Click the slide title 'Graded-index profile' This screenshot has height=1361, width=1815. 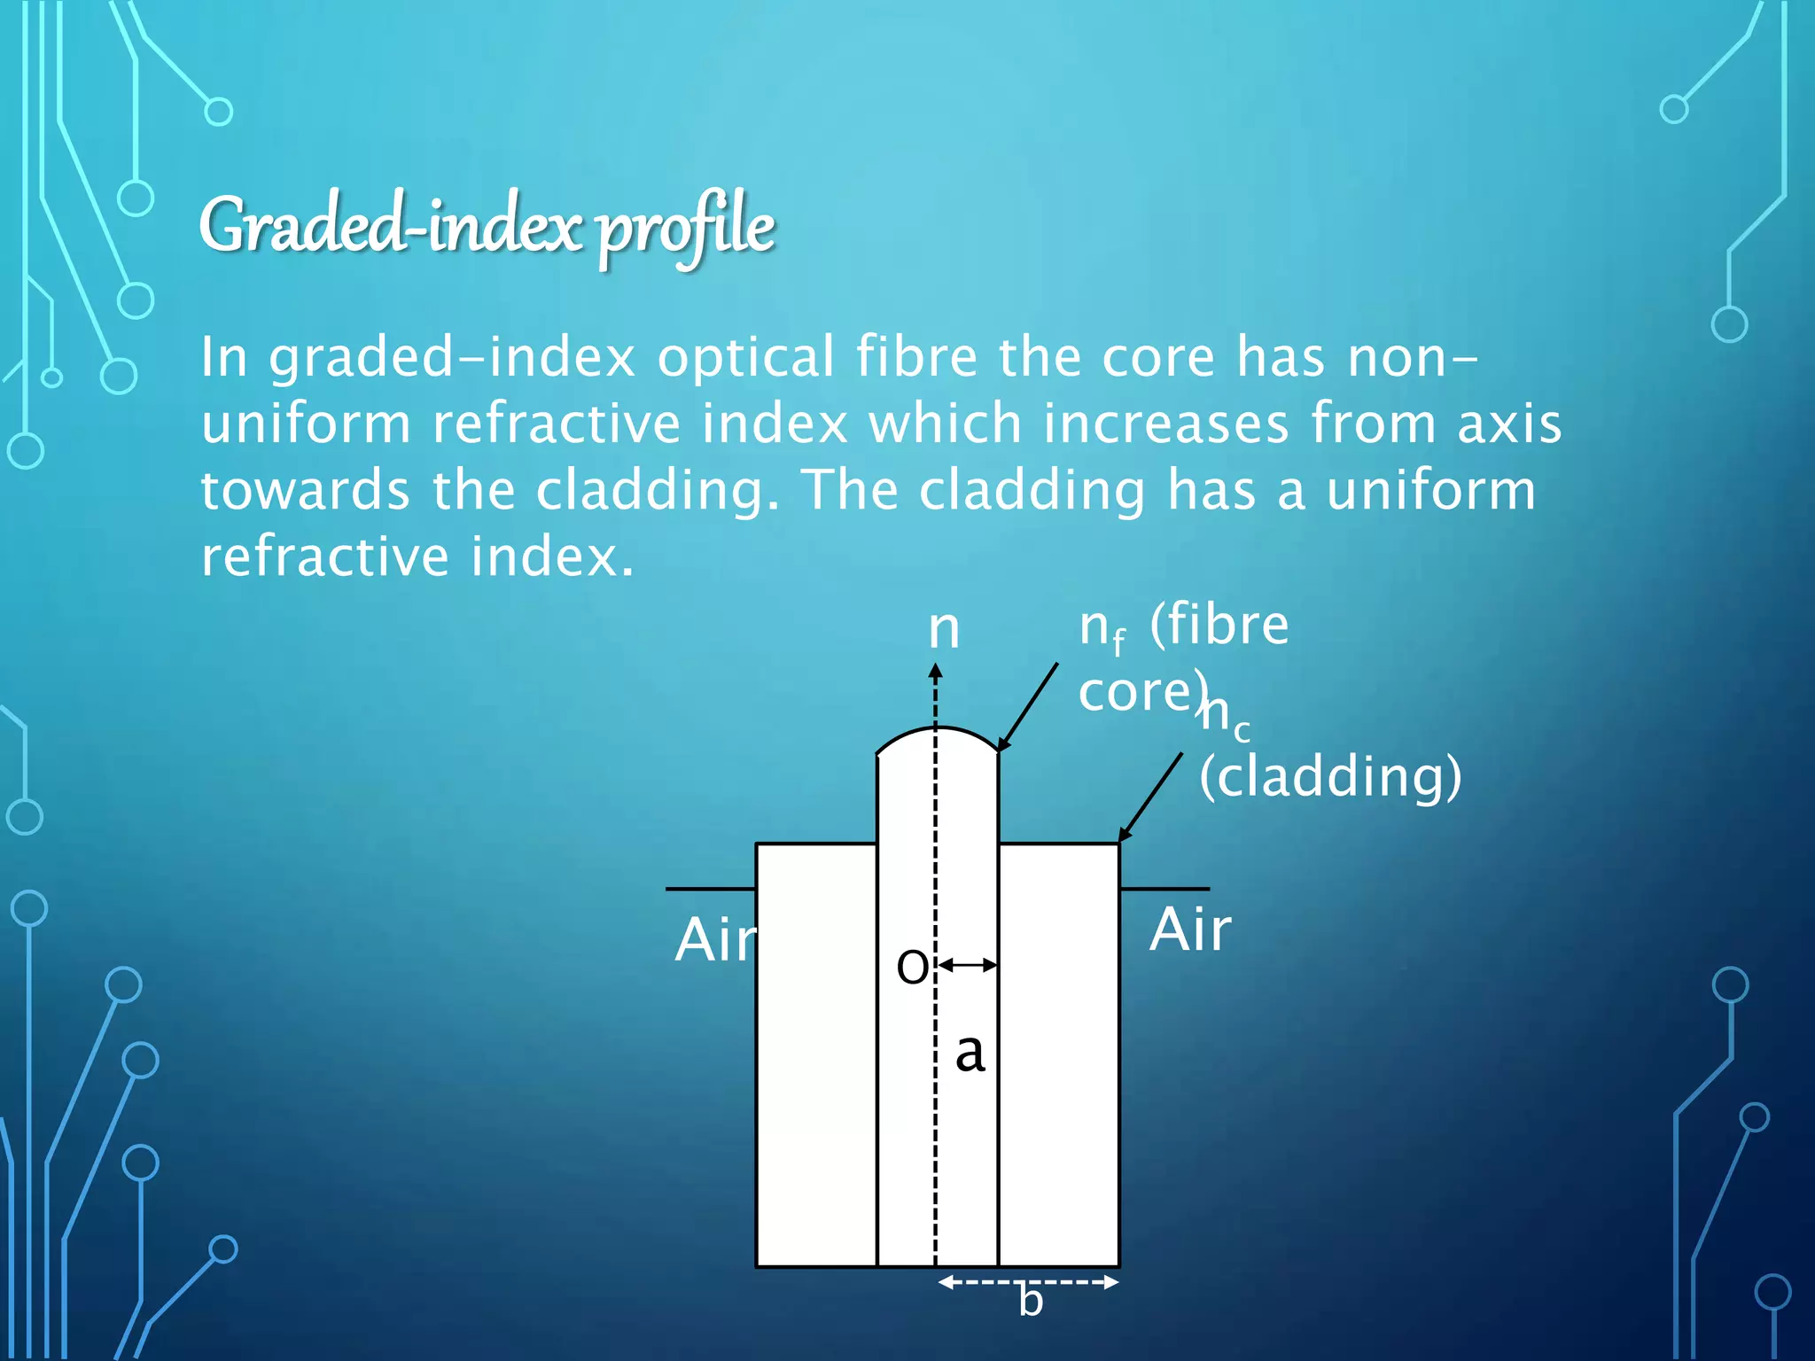coord(487,227)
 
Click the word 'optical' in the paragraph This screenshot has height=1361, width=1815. coord(745,357)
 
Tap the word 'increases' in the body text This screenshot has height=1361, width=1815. coord(1165,424)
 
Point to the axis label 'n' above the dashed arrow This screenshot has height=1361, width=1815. coord(944,628)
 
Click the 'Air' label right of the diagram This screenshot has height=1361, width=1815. coord(1190,930)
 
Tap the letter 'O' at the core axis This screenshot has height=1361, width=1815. coord(912,966)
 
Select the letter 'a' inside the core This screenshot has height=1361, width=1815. coord(970,1053)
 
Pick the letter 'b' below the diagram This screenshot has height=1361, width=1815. coord(1030,1300)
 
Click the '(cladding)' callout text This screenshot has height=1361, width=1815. coord(1329,776)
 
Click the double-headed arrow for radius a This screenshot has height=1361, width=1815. coord(968,965)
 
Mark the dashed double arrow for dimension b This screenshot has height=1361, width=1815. coord(1028,1281)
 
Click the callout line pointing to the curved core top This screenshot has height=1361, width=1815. coord(1028,706)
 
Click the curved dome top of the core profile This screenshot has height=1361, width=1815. coord(936,730)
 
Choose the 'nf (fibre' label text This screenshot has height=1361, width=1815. coord(1183,626)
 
